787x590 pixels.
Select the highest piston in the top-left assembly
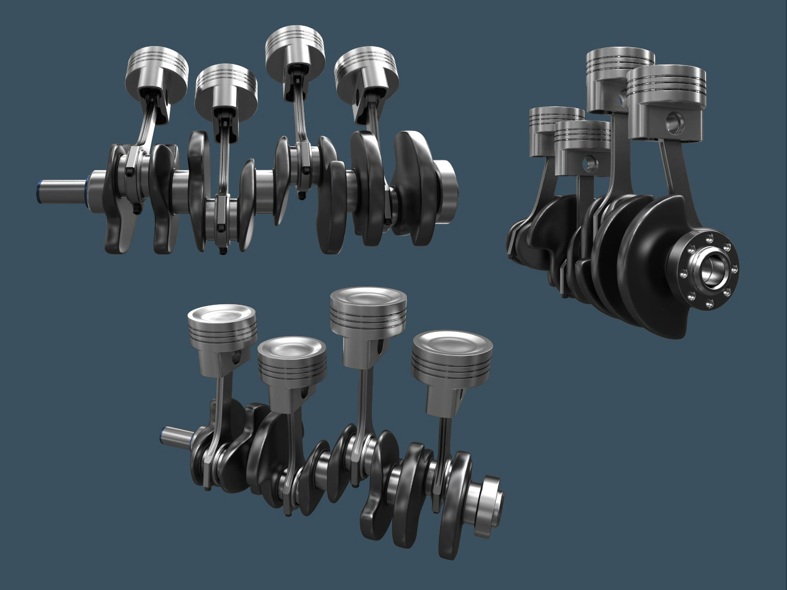point(295,49)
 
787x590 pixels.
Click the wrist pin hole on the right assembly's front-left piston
point(591,163)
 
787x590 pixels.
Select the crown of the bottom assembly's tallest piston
point(368,299)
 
